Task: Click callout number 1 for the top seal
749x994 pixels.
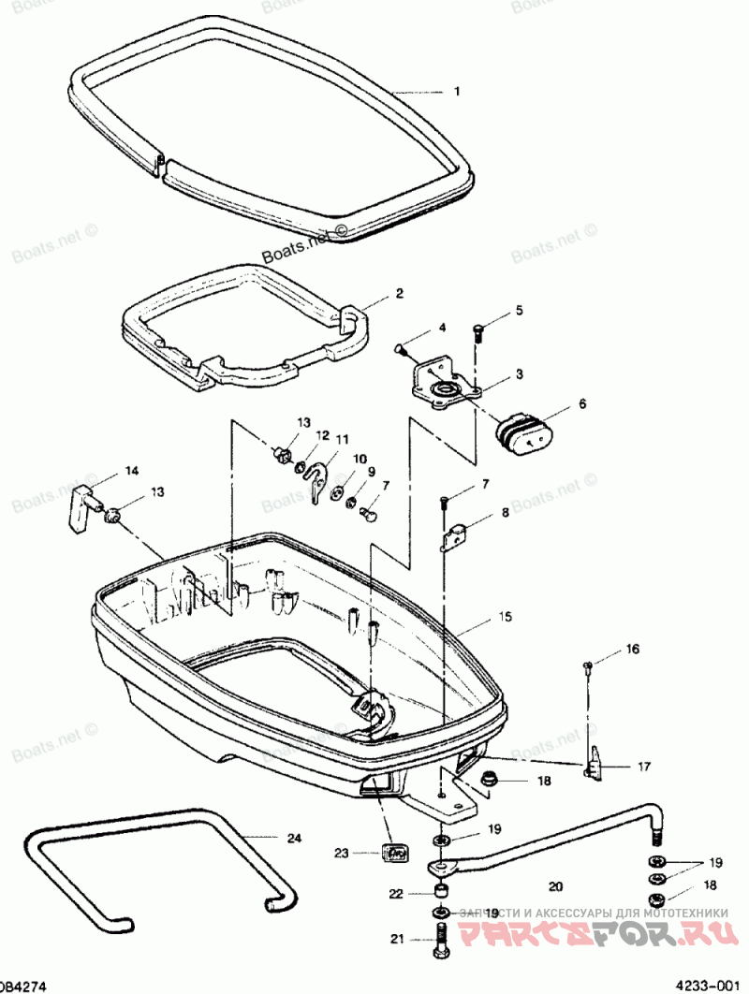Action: (457, 92)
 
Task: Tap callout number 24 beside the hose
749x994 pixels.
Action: (294, 838)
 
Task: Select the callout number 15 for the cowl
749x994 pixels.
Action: (506, 618)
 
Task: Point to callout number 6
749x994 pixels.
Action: (581, 403)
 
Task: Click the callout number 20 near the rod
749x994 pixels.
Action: (556, 885)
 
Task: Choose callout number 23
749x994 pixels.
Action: (342, 853)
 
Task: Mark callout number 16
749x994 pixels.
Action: (634, 649)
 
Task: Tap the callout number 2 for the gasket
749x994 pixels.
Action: (399, 293)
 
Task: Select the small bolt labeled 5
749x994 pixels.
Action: (479, 330)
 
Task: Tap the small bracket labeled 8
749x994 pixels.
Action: (456, 536)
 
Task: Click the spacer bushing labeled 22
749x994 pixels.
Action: (440, 892)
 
